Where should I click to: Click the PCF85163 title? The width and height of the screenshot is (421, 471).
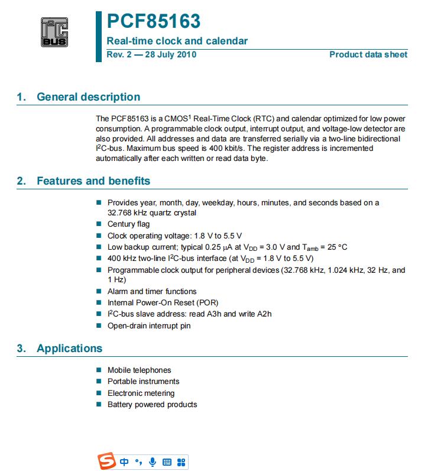153,21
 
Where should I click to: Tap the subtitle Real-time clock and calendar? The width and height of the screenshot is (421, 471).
177,41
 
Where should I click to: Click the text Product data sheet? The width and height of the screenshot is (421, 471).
368,54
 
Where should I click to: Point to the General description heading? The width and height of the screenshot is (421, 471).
88,97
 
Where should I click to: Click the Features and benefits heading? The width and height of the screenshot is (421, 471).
93,181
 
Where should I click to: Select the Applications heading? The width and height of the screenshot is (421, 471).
69,349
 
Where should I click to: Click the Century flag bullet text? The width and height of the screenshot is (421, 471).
128,224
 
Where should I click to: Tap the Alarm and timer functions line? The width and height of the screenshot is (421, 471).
152,291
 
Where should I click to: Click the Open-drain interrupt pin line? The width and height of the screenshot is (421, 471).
149,325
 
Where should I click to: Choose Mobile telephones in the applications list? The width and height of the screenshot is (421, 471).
139,370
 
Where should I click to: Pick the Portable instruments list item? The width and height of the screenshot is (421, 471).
143,382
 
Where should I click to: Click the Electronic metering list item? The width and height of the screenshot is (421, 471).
141,393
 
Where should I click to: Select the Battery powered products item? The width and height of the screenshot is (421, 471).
152,405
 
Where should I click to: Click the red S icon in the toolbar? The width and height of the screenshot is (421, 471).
107,462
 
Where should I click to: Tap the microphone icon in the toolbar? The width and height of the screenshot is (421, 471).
153,462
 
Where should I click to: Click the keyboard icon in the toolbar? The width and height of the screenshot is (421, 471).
167,462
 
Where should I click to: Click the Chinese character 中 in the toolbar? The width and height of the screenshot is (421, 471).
124,462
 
